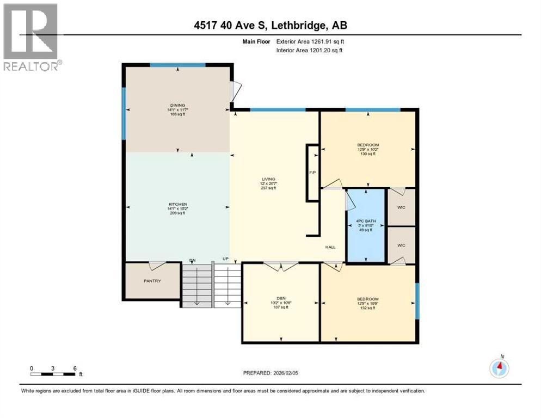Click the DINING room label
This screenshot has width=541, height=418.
tap(177, 106)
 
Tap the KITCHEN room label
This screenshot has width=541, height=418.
tap(177, 204)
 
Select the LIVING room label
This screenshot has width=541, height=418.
tap(268, 179)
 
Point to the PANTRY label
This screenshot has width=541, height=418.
tap(152, 281)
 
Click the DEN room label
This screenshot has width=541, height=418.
tap(281, 298)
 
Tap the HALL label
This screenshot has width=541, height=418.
tap(330, 246)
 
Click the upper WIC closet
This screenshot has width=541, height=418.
tap(401, 207)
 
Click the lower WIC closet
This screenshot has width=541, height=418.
tap(401, 245)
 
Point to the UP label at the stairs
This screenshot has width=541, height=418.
tap(225, 259)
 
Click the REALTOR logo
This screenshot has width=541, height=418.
tap(31, 37)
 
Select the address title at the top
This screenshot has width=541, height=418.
tap(270, 25)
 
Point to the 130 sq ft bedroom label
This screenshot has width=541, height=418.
tap(368, 145)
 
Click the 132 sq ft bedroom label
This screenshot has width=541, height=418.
tap(368, 299)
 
